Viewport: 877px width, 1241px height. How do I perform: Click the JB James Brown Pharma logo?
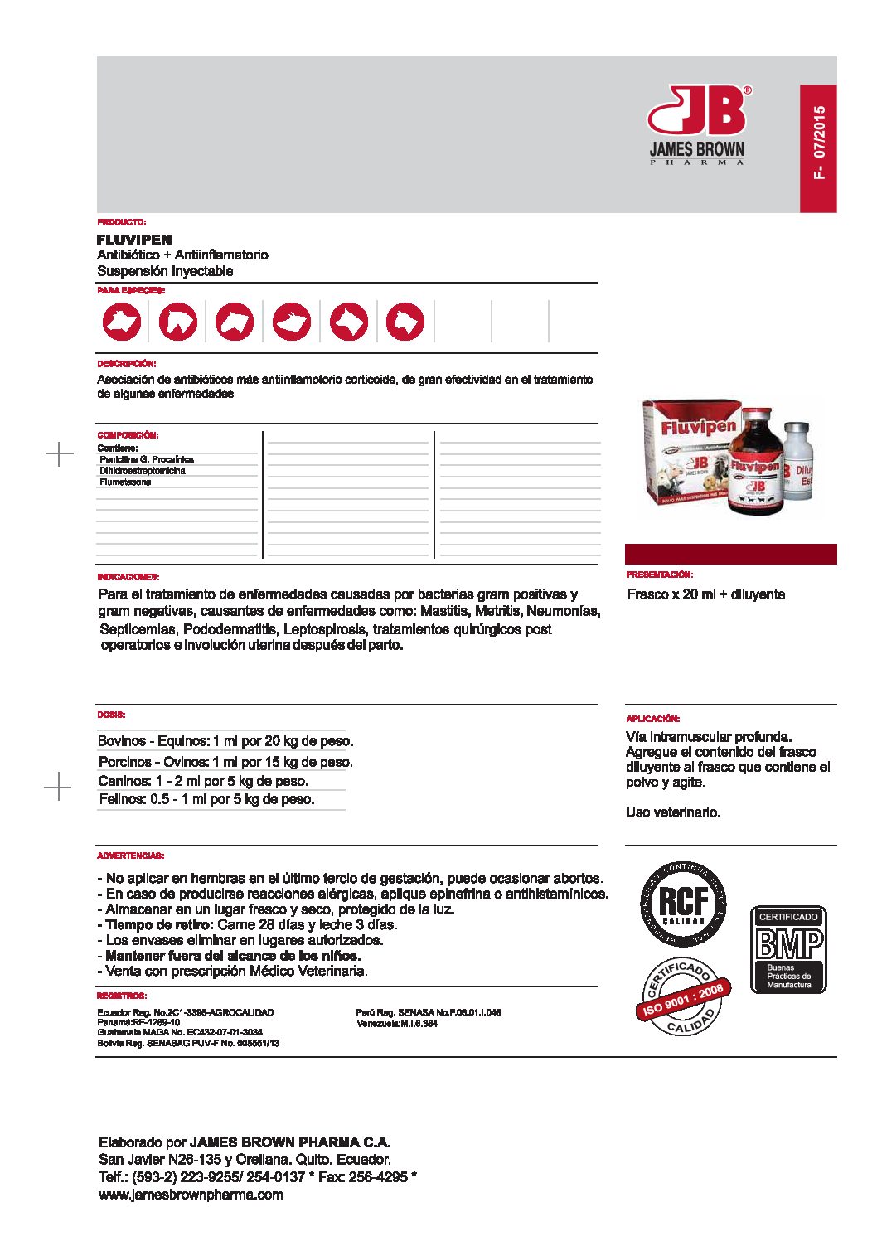click(x=697, y=124)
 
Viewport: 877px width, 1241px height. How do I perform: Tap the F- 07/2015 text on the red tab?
click(x=819, y=142)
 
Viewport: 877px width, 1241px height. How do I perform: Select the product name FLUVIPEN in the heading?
click(x=134, y=240)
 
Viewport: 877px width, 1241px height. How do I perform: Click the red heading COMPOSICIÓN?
click(x=128, y=435)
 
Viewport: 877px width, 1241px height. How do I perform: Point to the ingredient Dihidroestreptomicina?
click(x=143, y=471)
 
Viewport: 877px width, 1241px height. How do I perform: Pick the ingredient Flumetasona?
click(x=125, y=482)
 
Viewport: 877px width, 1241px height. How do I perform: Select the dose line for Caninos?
click(x=203, y=781)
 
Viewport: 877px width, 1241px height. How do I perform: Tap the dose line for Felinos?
click(x=206, y=800)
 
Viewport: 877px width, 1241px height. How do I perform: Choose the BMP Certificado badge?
click(x=788, y=949)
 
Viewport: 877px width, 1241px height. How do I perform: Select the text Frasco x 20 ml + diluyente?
click(x=706, y=594)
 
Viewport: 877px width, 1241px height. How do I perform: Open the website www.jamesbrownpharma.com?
click(x=191, y=1195)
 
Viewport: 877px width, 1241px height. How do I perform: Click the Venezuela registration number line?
click(x=397, y=1024)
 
